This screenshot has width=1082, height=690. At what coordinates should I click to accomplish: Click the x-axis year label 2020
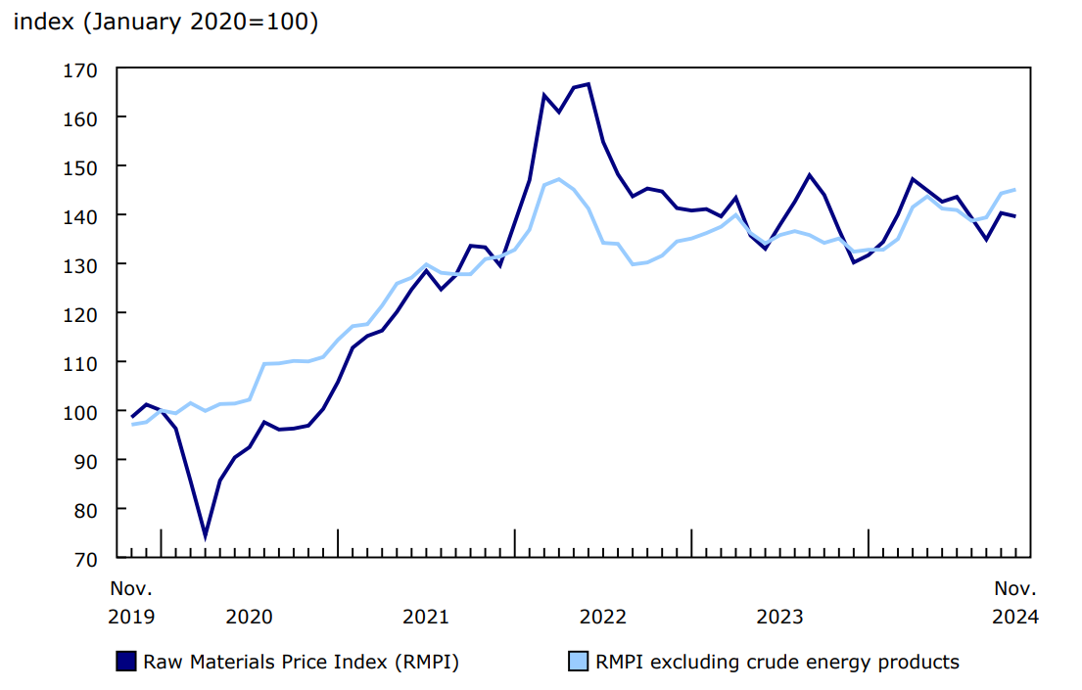(249, 617)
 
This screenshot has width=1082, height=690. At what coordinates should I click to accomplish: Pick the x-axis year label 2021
(426, 617)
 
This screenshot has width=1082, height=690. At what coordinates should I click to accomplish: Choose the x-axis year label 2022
(603, 617)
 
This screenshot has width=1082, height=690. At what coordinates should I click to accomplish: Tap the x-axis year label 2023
(780, 617)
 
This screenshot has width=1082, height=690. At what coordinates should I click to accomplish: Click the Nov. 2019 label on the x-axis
(131, 603)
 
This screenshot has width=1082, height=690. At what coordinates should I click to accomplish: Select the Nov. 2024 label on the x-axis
(1015, 603)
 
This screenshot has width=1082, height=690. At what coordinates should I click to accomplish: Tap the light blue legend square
(579, 662)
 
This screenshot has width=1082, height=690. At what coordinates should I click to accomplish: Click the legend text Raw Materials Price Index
(301, 662)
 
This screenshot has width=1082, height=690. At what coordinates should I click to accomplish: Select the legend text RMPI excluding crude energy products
(777, 662)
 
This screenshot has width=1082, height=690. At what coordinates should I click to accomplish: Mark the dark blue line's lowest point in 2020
(206, 536)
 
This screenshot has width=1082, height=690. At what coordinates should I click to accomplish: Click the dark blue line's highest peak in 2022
(588, 84)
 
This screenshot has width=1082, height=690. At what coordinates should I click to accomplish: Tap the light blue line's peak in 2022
(558, 179)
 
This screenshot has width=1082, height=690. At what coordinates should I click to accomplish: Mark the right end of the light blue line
(1014, 190)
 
